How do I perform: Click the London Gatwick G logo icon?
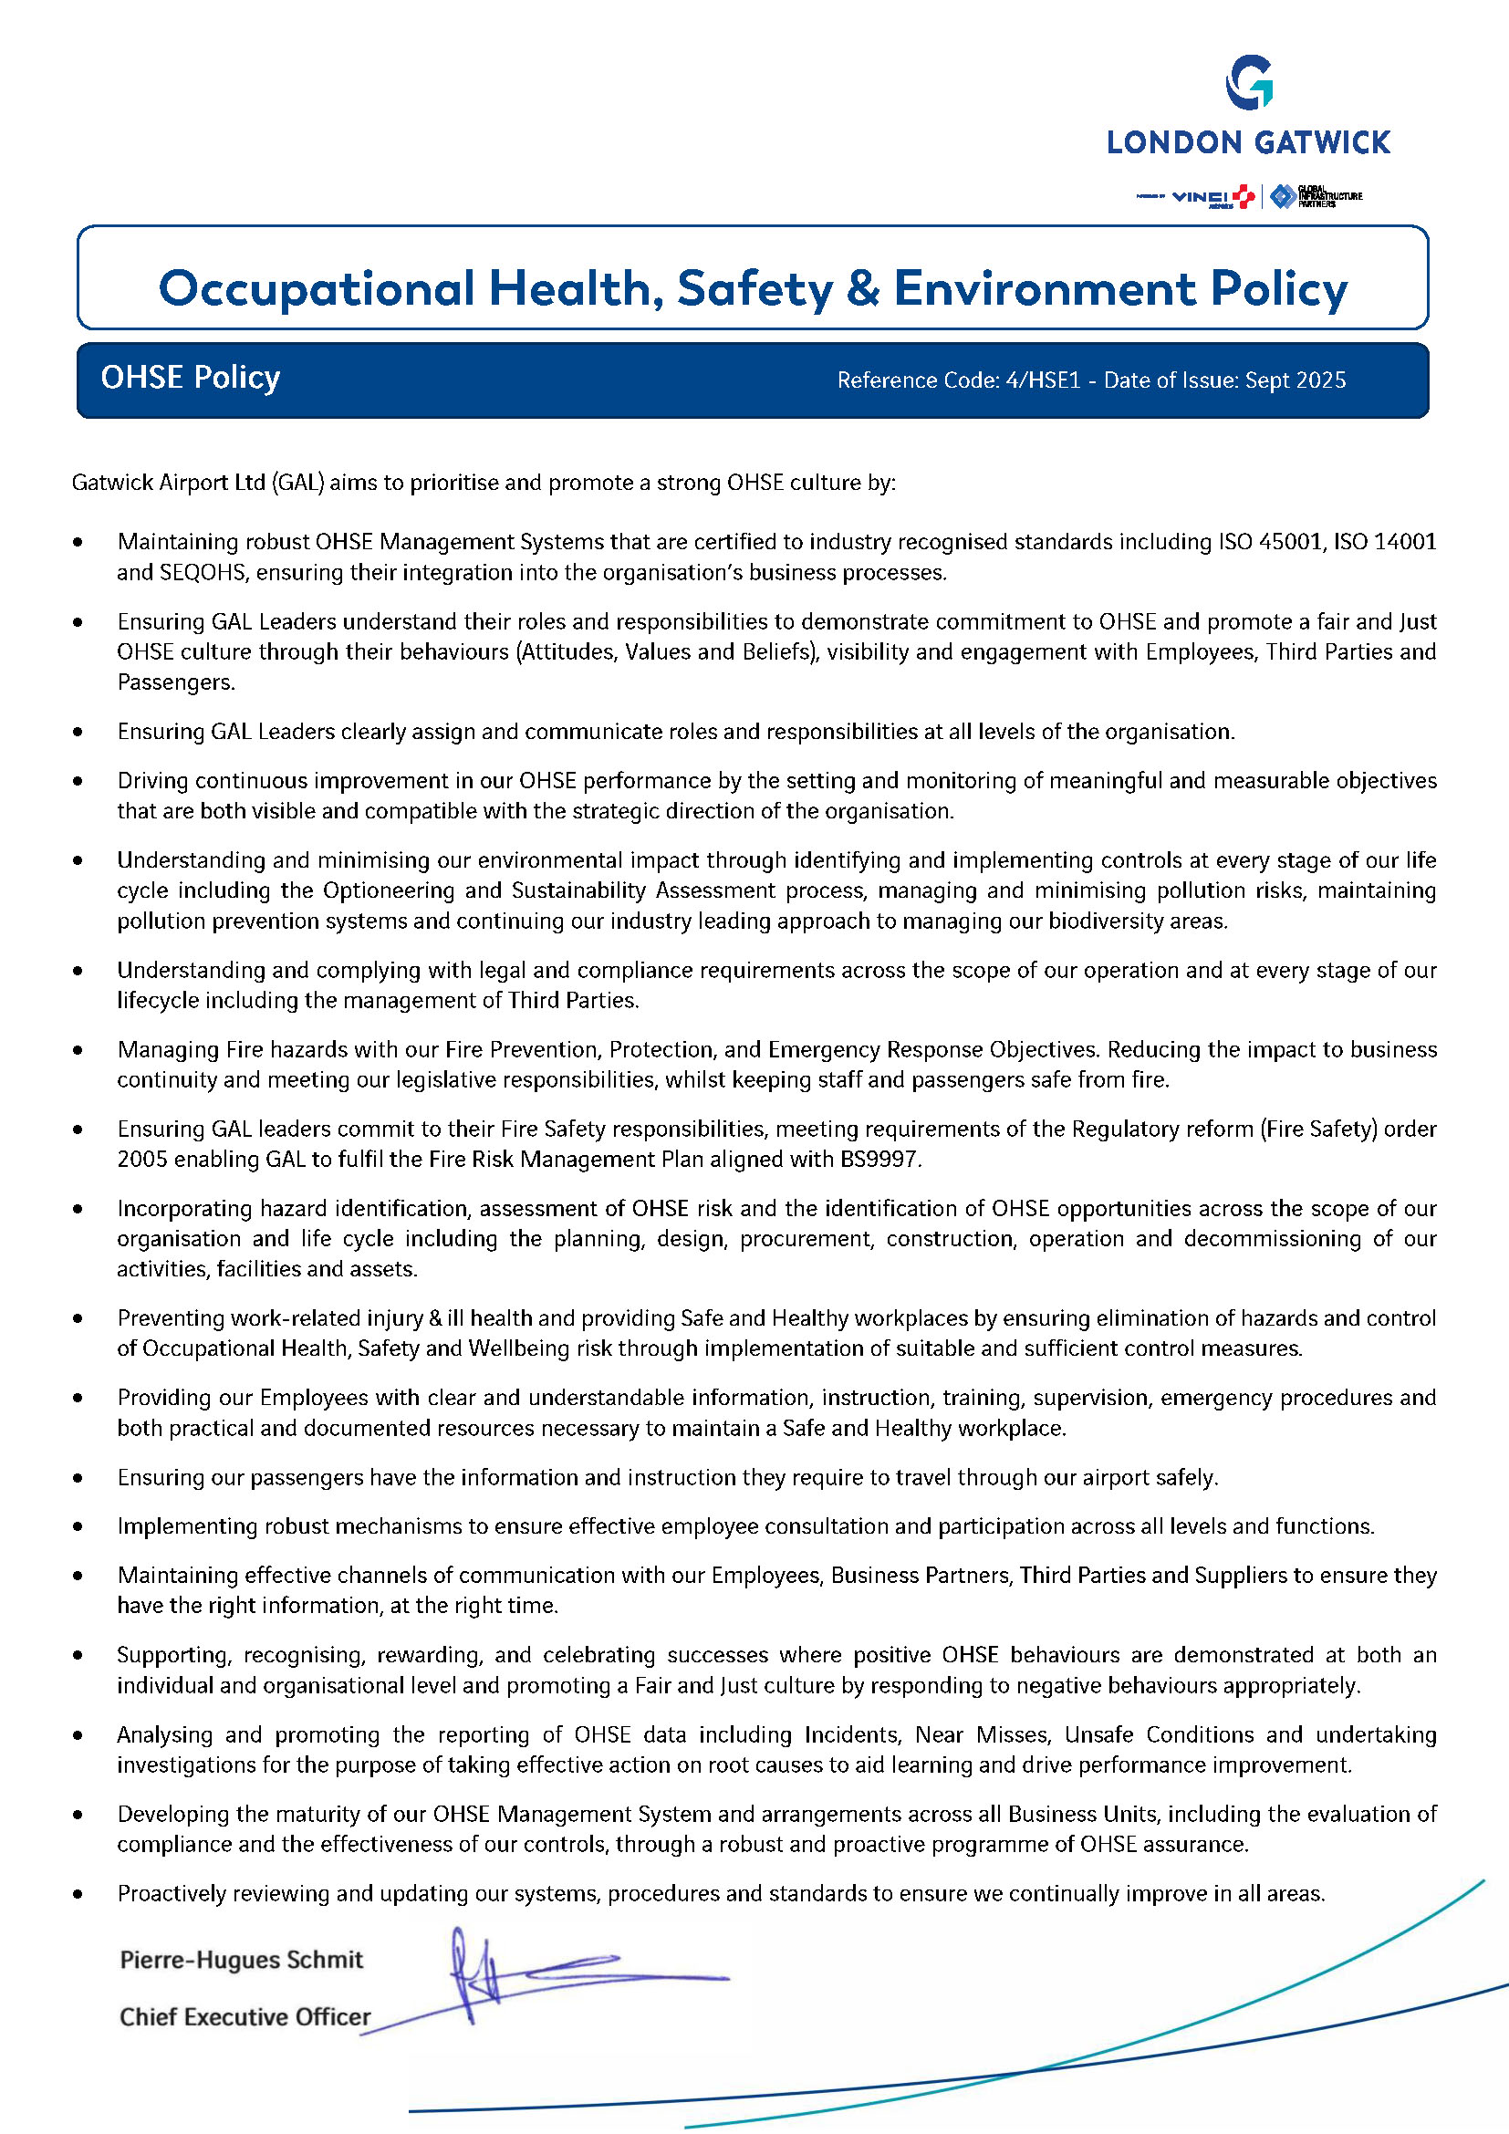(x=1248, y=83)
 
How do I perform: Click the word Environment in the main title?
(x=1045, y=288)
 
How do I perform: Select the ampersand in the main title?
(x=863, y=288)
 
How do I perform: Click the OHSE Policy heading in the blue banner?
(x=191, y=378)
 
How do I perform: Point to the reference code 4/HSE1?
(x=1043, y=380)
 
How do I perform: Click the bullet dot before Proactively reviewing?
(x=78, y=1893)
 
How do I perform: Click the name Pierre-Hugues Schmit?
(x=242, y=1959)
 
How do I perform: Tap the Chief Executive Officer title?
(x=245, y=2016)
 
